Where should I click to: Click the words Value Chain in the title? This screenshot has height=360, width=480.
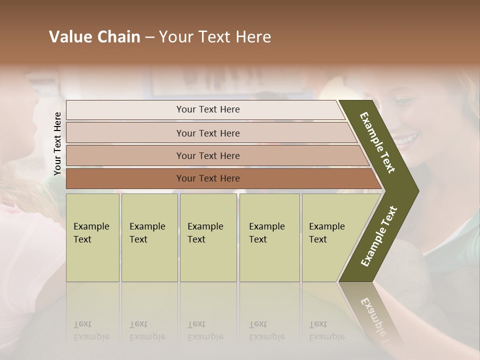pyautogui.click(x=94, y=37)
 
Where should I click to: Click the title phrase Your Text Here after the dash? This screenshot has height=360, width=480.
pyautogui.click(x=215, y=37)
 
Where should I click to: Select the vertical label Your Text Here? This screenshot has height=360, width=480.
pyautogui.click(x=57, y=143)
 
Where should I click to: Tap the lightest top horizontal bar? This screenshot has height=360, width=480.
pyautogui.click(x=125, y=110)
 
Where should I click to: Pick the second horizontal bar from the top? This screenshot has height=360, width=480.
pyautogui.click(x=125, y=133)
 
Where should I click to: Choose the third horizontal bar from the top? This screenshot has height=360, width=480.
pyautogui.click(x=125, y=155)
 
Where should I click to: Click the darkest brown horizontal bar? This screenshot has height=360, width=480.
pyautogui.click(x=125, y=178)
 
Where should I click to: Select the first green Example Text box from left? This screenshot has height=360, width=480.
pyautogui.click(x=92, y=237)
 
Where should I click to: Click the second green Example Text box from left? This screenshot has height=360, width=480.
pyautogui.click(x=149, y=237)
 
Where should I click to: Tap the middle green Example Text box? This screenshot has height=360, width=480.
pyautogui.click(x=208, y=237)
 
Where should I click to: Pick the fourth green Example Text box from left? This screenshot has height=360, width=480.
pyautogui.click(x=269, y=237)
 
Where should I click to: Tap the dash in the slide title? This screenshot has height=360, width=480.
pyautogui.click(x=149, y=37)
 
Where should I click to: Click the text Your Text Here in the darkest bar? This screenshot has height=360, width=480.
pyautogui.click(x=208, y=178)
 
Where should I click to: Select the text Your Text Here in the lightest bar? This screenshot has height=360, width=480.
pyautogui.click(x=208, y=109)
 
